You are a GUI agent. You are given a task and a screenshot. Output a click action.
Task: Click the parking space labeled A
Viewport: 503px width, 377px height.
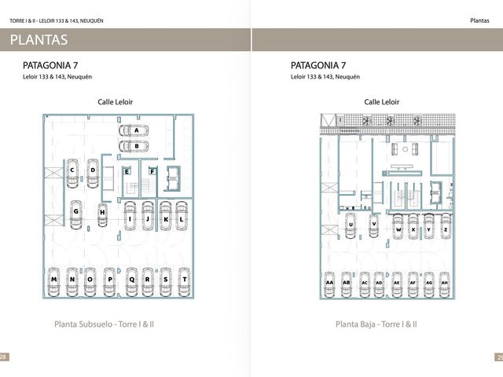pyautogui.click(x=134, y=130)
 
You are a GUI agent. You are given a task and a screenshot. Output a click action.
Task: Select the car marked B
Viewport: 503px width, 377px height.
pyautogui.click(x=134, y=146)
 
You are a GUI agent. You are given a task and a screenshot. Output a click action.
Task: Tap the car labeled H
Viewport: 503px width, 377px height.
pyautogui.click(x=102, y=214)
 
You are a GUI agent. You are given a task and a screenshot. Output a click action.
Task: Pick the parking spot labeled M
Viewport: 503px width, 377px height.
pyautogui.click(x=54, y=282)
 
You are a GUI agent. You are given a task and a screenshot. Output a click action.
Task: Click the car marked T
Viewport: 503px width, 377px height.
pyautogui.click(x=184, y=282)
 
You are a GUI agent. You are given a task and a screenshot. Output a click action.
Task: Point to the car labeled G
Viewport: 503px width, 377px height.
pyautogui.click(x=76, y=214)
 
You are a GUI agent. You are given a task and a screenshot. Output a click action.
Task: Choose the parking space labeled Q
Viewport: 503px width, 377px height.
pyautogui.click(x=132, y=282)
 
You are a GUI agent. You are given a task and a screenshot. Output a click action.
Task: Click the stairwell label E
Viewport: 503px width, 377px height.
pyautogui.click(x=127, y=172)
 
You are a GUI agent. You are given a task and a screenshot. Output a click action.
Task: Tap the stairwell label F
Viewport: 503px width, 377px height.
pyautogui.click(x=152, y=172)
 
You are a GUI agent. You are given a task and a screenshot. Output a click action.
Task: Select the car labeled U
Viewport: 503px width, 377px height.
pyautogui.click(x=351, y=225)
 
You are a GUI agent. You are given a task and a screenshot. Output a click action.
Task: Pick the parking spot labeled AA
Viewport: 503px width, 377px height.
pyautogui.click(x=329, y=284)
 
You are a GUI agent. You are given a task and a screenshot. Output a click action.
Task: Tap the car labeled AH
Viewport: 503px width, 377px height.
pyautogui.click(x=444, y=284)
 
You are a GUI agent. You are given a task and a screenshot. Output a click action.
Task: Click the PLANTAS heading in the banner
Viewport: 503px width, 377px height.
pyautogui.click(x=39, y=40)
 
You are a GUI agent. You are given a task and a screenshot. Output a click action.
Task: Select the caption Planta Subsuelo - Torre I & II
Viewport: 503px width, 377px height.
pyautogui.click(x=104, y=324)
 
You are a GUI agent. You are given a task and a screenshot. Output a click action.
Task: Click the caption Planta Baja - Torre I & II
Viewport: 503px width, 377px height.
pyautogui.click(x=376, y=324)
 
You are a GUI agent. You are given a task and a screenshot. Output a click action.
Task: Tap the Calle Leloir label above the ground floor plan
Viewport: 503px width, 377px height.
pyautogui.click(x=382, y=102)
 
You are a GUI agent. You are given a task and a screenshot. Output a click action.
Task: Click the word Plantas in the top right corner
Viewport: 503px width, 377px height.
pyautogui.click(x=479, y=20)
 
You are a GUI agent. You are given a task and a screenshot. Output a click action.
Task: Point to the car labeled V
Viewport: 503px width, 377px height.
pyautogui.click(x=374, y=225)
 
